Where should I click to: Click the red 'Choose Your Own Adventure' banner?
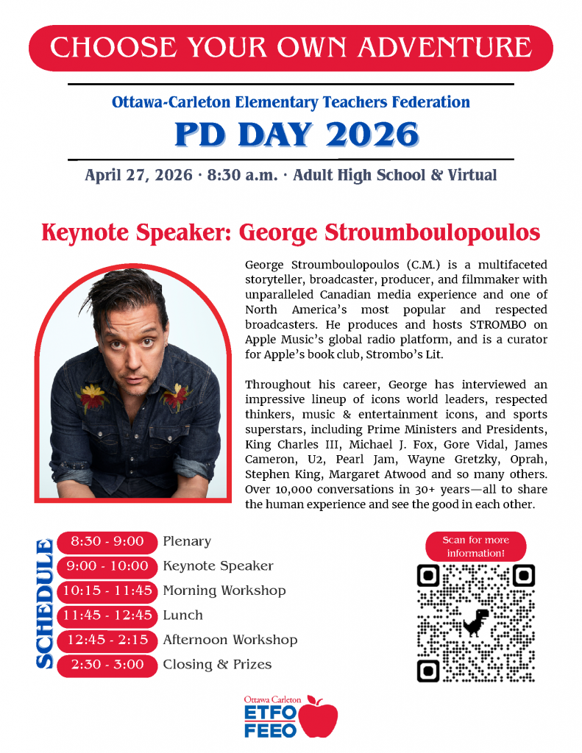click(291, 48)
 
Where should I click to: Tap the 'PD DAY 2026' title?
click(297, 134)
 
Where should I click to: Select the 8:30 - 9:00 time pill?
click(107, 542)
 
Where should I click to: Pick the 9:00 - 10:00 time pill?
click(107, 566)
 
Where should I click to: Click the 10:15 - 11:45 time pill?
click(107, 590)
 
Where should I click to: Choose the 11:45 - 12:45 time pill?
click(107, 615)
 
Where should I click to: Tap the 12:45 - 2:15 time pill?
click(107, 640)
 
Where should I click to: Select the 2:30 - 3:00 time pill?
click(107, 665)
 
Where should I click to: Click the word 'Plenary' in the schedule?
click(187, 542)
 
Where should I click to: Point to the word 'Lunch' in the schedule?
click(182, 615)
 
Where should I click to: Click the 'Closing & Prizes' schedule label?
click(217, 665)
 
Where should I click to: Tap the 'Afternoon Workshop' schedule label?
click(230, 640)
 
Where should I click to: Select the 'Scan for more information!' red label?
click(475, 546)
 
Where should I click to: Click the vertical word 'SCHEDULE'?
click(44, 604)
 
